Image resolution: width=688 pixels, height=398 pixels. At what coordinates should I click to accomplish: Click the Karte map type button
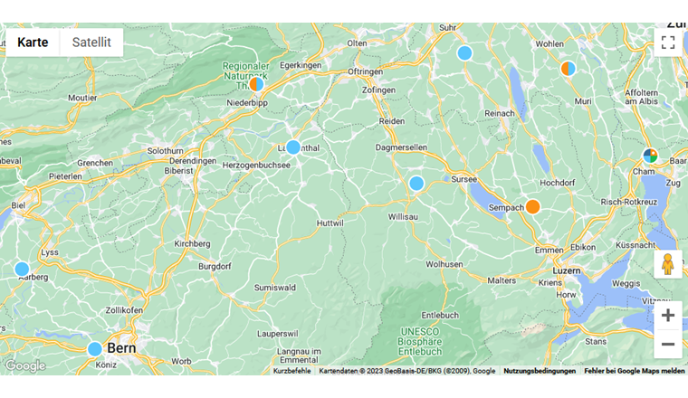[33, 43]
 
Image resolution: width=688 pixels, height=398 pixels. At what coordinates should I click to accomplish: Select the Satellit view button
[91, 43]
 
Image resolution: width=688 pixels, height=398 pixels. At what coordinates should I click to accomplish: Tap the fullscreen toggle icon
[668, 43]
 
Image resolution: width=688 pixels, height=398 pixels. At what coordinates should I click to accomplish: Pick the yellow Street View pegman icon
[668, 264]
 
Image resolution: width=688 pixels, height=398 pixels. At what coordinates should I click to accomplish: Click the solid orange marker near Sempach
[533, 206]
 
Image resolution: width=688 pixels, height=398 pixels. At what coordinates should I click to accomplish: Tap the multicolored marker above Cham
[650, 156]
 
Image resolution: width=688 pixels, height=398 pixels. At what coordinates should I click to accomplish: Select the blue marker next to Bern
[95, 348]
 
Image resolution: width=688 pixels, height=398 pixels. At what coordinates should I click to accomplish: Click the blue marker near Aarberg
[22, 269]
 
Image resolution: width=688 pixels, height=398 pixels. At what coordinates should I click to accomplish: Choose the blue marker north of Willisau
[416, 183]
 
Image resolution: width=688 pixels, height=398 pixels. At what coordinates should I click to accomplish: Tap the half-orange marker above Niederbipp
[256, 84]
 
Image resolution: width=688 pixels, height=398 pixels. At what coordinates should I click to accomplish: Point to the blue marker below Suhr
[464, 52]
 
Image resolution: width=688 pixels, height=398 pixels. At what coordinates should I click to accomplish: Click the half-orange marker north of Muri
[569, 68]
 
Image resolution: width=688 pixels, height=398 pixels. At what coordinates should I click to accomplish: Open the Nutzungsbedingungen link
[540, 371]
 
